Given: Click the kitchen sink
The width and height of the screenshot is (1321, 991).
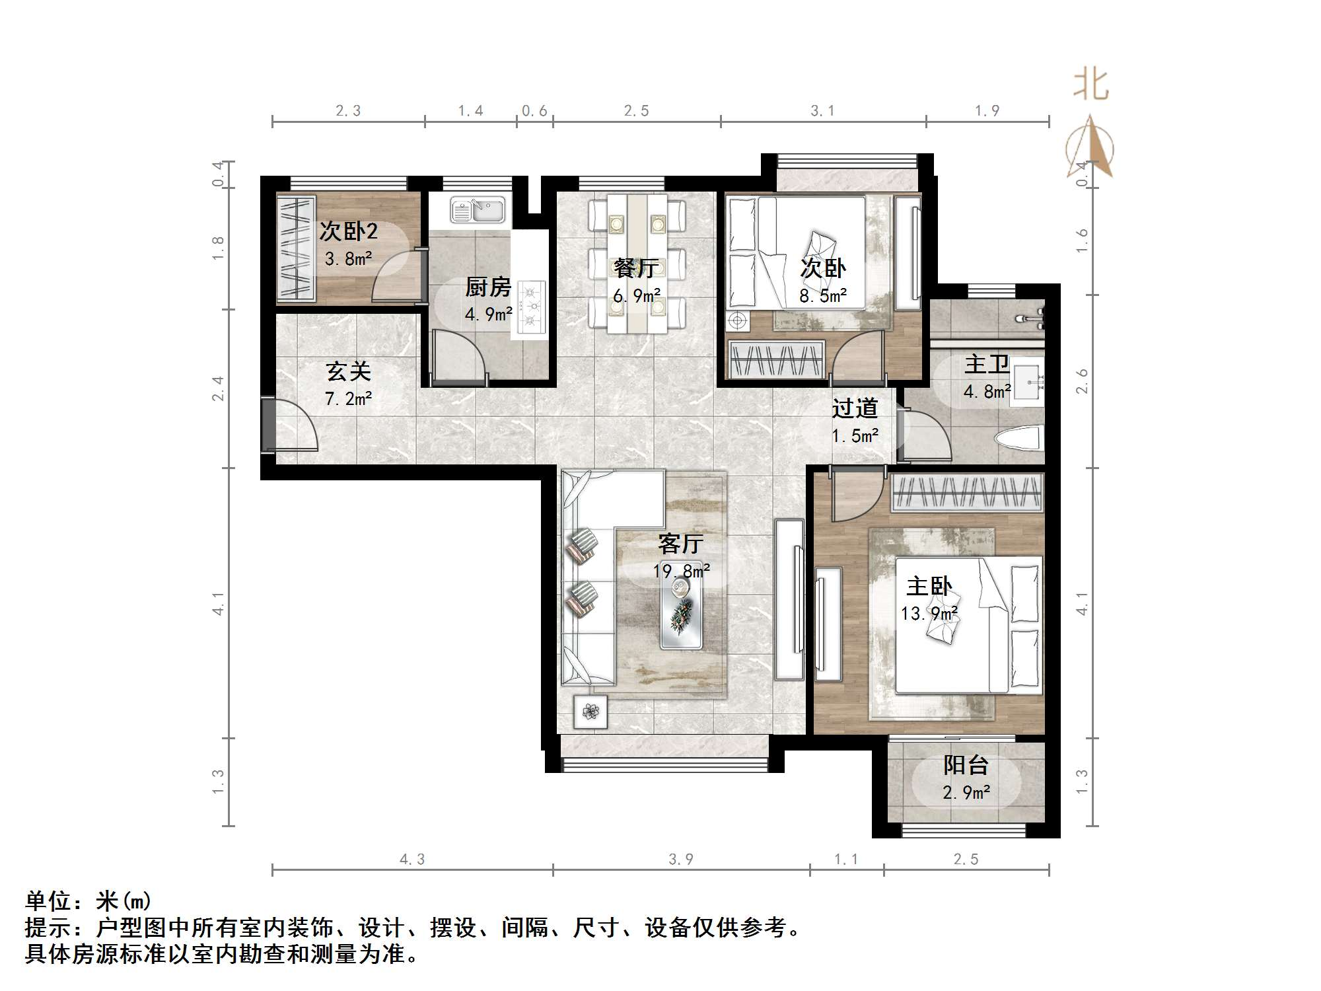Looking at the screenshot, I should coord(478,210).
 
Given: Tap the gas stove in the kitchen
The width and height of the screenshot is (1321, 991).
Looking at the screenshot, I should coord(532,307).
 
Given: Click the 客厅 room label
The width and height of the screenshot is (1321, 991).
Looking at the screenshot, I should coord(680,544).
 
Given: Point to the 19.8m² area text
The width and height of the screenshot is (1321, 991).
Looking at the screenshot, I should coord(681,571).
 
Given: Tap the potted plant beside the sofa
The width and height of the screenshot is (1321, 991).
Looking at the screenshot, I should coord(590,712).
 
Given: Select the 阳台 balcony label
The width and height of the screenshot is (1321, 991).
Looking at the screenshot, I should coord(966,765).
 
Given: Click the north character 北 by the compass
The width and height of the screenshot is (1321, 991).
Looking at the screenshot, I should coord(1090,86).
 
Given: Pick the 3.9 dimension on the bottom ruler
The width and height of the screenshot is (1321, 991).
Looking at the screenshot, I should coord(680,860).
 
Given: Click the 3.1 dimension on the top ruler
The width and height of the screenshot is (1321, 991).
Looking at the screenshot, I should coord(822,111).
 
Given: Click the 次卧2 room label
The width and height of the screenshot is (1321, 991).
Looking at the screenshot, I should coord(348,231).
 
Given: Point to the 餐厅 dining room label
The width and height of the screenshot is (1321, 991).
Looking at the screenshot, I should coord(635,268).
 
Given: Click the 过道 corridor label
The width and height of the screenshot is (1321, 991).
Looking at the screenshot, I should coord(854,408).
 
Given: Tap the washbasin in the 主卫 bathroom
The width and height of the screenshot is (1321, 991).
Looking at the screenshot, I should coord(1028,379).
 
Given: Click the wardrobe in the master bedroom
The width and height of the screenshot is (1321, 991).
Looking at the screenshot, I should coord(967,493).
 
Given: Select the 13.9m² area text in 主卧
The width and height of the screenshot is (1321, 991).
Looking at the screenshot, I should coord(929,614).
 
